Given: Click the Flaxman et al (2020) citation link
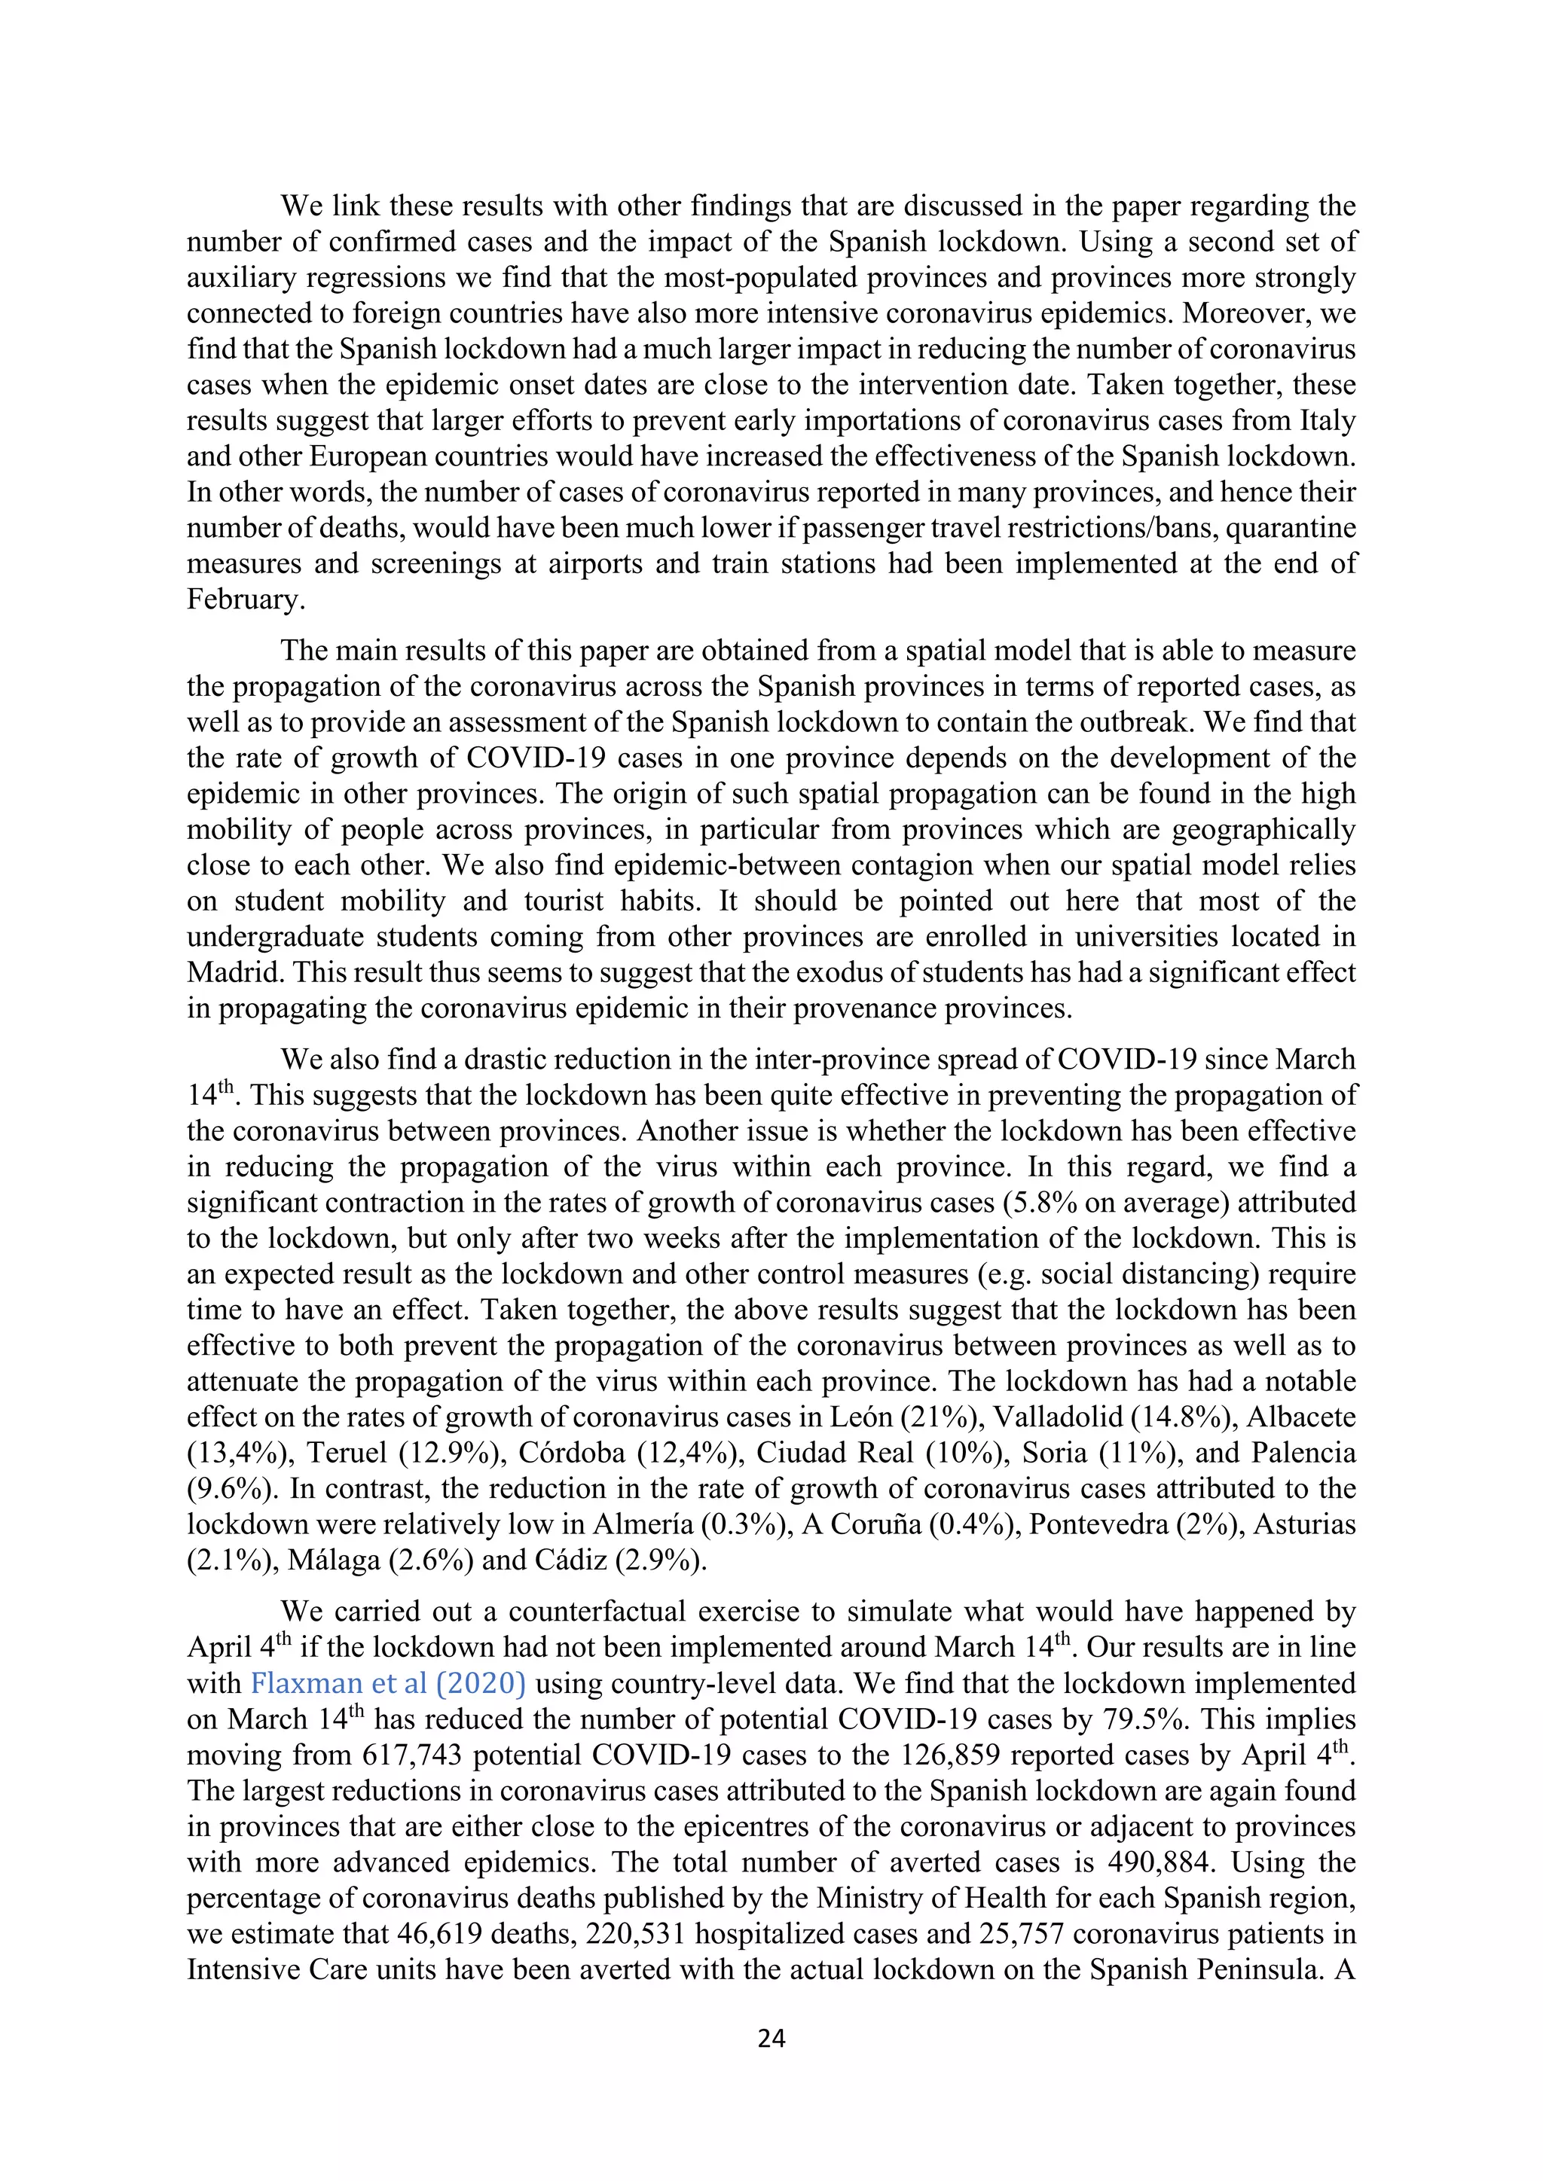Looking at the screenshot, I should coord(388,1683).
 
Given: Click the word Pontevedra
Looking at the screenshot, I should coord(1098,1524).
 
